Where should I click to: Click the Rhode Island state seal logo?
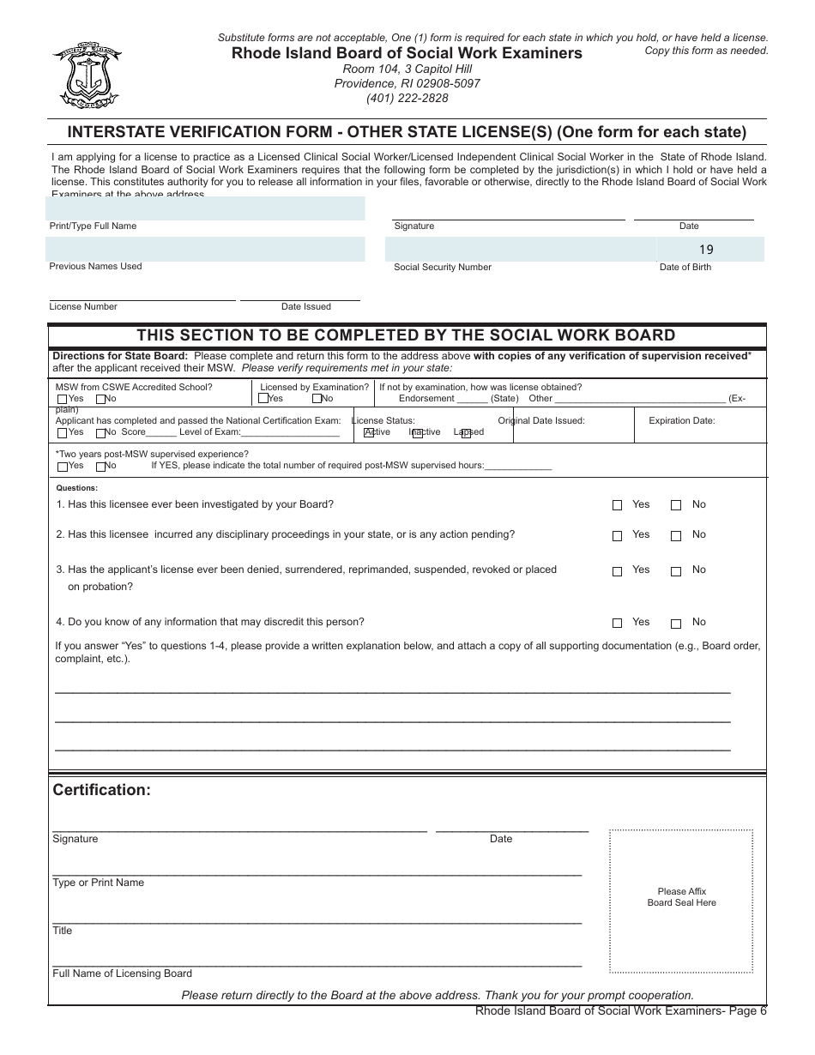tap(86, 75)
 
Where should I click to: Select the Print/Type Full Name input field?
tap(205, 208)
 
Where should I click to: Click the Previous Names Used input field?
tap(205, 249)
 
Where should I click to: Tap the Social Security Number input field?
tap(521, 249)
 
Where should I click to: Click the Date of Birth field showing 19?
tap(710, 250)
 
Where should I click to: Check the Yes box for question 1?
tap(617, 505)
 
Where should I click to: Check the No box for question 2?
tap(676, 536)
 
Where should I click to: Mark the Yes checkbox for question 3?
tap(617, 571)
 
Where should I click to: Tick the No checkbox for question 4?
tap(676, 624)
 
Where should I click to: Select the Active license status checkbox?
tap(370, 433)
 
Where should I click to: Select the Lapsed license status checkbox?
tap(466, 433)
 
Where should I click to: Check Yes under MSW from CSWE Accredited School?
tap(62, 399)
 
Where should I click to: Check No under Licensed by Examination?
tap(317, 399)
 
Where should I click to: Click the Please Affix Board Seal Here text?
tap(681, 897)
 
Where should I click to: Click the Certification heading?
tap(101, 790)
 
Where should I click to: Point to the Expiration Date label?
tap(681, 420)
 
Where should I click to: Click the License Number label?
tap(83, 306)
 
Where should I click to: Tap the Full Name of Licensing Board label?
tap(122, 974)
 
